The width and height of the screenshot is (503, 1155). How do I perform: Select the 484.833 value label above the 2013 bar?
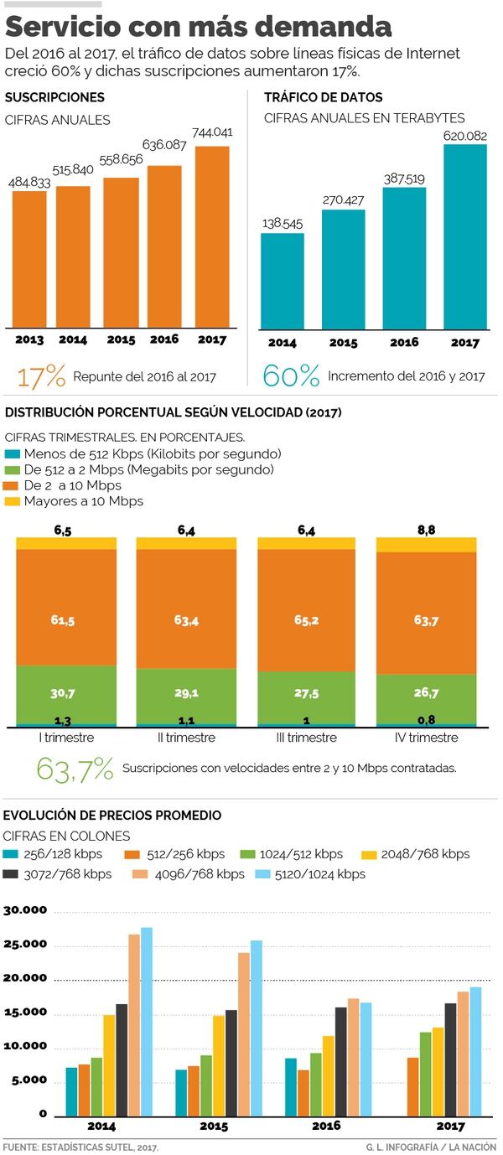click(29, 183)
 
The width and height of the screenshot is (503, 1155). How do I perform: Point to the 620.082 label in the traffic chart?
click(465, 135)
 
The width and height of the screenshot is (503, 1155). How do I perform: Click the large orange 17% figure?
click(41, 376)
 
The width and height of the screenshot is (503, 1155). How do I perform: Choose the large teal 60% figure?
click(291, 376)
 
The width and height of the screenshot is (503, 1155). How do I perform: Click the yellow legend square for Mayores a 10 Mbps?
click(12, 501)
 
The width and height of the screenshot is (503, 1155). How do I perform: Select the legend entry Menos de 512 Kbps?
click(143, 453)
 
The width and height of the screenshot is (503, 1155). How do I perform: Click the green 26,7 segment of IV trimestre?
click(426, 692)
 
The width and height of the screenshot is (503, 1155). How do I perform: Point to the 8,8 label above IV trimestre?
click(426, 530)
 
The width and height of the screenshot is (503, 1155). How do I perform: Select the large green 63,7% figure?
click(75, 769)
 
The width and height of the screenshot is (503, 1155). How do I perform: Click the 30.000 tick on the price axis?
click(26, 911)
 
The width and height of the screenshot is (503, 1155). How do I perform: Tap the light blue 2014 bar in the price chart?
click(147, 1022)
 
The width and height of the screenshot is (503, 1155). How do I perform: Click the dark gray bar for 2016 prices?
click(340, 1060)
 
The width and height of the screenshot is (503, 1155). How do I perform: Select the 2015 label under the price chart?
click(214, 1127)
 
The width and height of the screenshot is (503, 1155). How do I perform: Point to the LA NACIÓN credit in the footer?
click(473, 1147)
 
